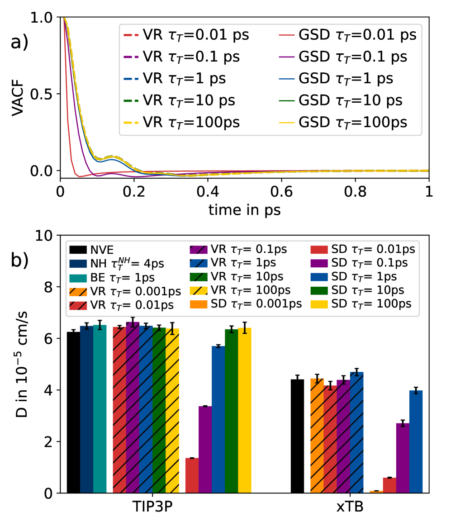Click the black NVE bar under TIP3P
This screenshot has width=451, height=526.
tap(73, 412)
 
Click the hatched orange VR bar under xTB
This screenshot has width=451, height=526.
tap(317, 436)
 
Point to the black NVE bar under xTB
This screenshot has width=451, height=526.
tap(297, 436)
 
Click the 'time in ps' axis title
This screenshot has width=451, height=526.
tap(244, 211)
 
